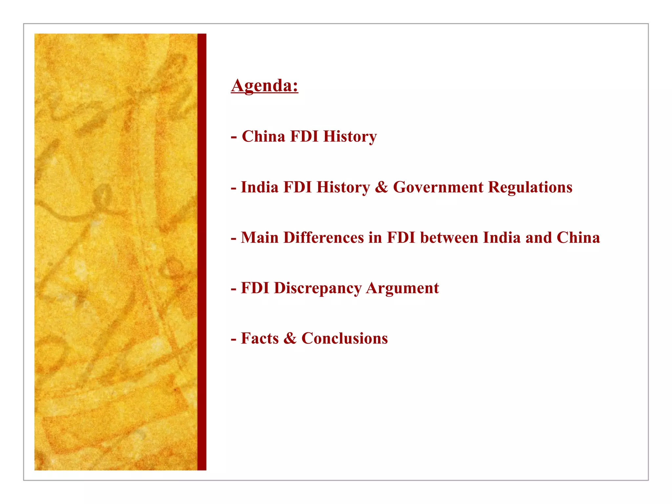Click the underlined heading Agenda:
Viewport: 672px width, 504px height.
pyautogui.click(x=264, y=86)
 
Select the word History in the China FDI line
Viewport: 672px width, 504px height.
pyautogui.click(x=350, y=136)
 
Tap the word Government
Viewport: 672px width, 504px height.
pyautogui.click(x=438, y=187)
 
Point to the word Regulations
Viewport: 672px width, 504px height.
pyautogui.click(x=530, y=187)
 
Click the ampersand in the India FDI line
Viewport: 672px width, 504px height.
pyautogui.click(x=381, y=187)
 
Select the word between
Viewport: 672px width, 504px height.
pyautogui.click(x=449, y=238)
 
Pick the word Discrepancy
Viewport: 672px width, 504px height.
pyautogui.click(x=317, y=288)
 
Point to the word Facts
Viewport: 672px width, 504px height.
pyautogui.click(x=260, y=339)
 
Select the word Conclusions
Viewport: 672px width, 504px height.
pyautogui.click(x=345, y=339)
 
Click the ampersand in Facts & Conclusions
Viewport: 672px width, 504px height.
pyautogui.click(x=290, y=339)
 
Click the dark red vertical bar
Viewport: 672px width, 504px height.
pyautogui.click(x=202, y=252)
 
